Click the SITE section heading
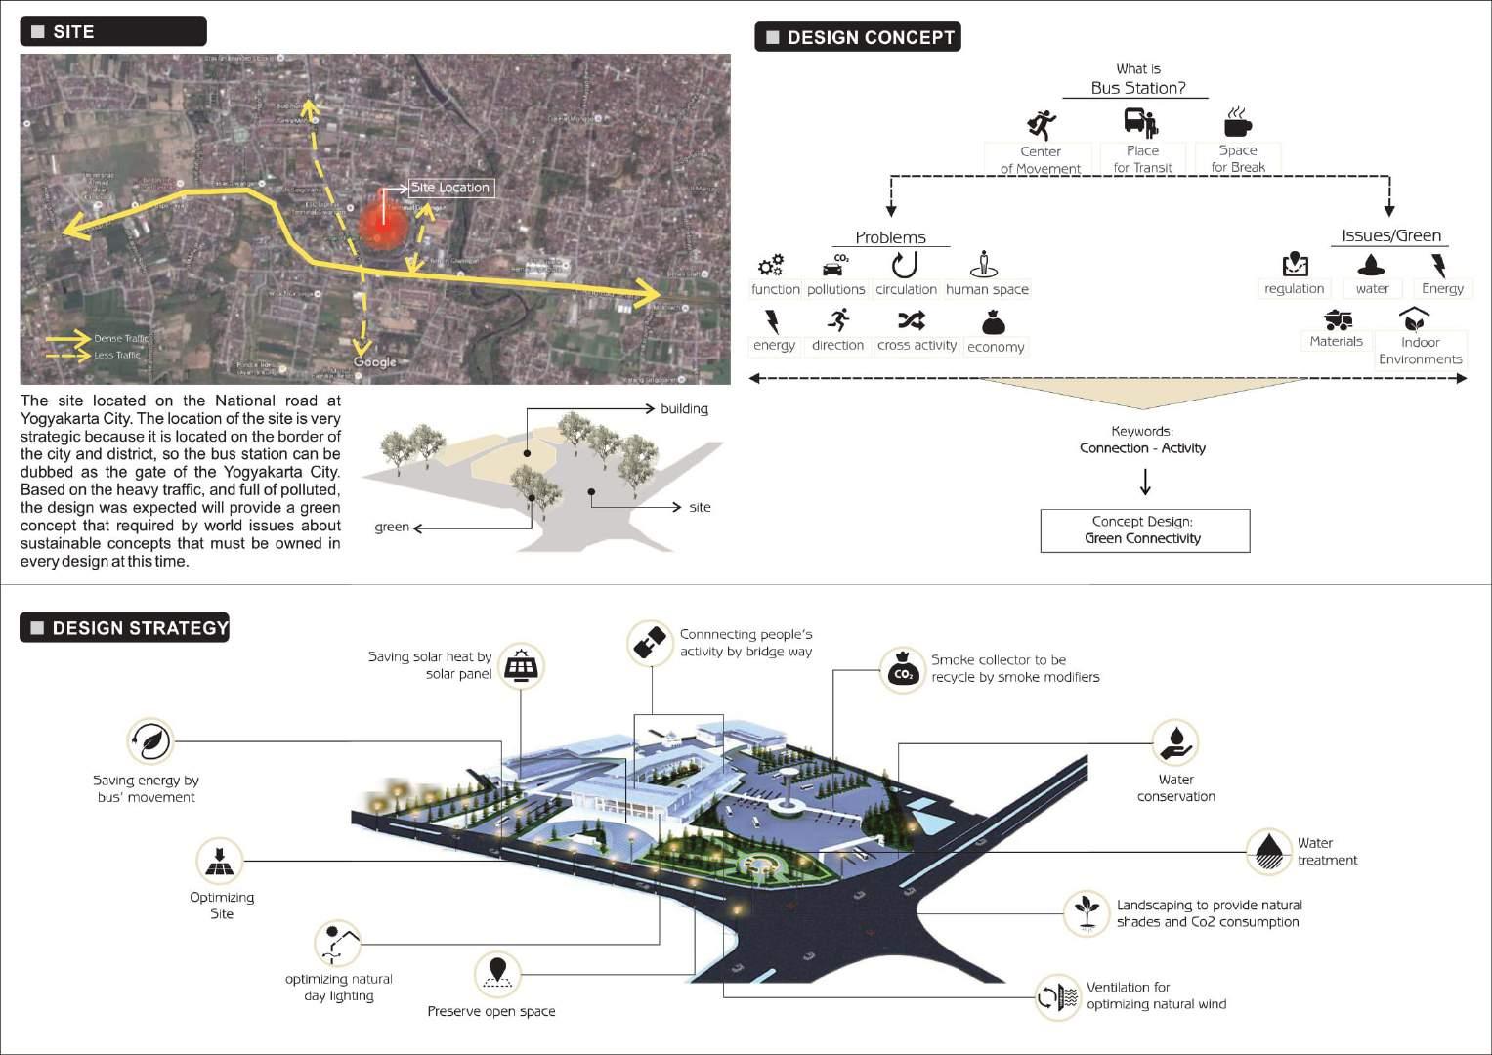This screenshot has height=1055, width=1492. pyautogui.click(x=112, y=31)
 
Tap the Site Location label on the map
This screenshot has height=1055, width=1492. pyautogui.click(x=450, y=188)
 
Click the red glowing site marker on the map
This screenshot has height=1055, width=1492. pyautogui.click(x=383, y=225)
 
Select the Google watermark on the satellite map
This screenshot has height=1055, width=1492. pyautogui.click(x=375, y=362)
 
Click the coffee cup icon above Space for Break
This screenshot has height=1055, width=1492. pyautogui.click(x=1237, y=123)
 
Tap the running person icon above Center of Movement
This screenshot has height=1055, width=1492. pyautogui.click(x=1042, y=124)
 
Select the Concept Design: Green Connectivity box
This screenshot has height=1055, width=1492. pyautogui.click(x=1144, y=530)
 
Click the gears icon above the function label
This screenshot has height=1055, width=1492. pyautogui.click(x=771, y=265)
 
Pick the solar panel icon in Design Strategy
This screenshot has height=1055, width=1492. pyautogui.click(x=521, y=668)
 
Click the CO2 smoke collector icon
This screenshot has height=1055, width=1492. pyautogui.click(x=902, y=670)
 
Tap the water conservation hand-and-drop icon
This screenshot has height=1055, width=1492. pyautogui.click(x=1174, y=742)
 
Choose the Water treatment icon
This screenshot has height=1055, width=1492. pyautogui.click(x=1269, y=851)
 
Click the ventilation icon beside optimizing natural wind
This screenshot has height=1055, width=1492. pyautogui.click(x=1057, y=997)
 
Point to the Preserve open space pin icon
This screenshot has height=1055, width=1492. pyautogui.click(x=497, y=974)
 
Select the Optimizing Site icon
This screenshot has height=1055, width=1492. pyautogui.click(x=219, y=862)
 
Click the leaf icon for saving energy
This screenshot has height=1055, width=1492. pyautogui.click(x=150, y=742)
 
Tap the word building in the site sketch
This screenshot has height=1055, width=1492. pyautogui.click(x=684, y=408)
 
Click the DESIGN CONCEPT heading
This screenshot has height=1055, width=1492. pyautogui.click(x=858, y=37)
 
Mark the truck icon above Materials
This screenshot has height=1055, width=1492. pyautogui.click(x=1337, y=319)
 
